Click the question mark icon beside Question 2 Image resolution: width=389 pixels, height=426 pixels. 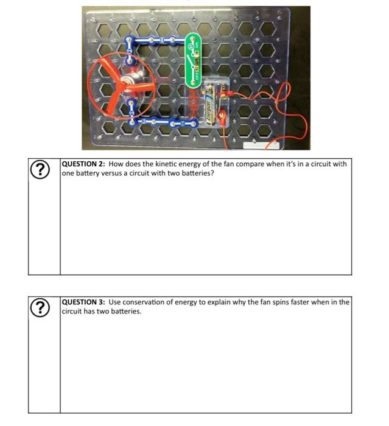point(41,169)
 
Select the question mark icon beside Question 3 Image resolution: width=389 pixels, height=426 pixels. point(41,307)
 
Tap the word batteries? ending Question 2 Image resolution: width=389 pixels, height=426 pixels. point(198,173)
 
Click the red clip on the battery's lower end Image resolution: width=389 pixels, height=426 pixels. point(222,116)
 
